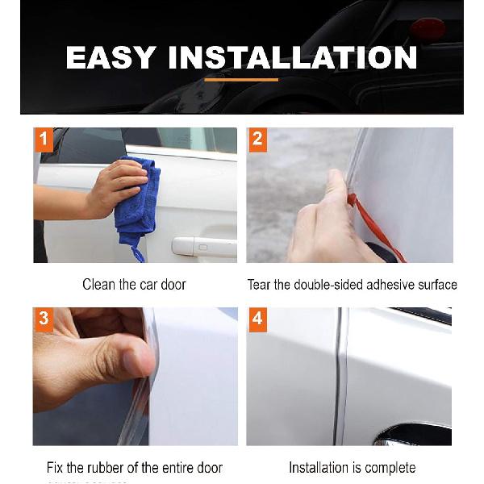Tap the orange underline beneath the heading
point(241,79)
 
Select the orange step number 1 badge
point(44,139)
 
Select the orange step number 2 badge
point(257,139)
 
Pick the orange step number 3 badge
point(44,319)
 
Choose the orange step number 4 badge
point(257,319)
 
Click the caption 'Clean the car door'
point(134,285)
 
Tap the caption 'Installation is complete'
point(352,468)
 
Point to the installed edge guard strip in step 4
point(342,379)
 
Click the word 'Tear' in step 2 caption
point(260,285)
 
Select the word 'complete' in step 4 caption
point(390,468)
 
